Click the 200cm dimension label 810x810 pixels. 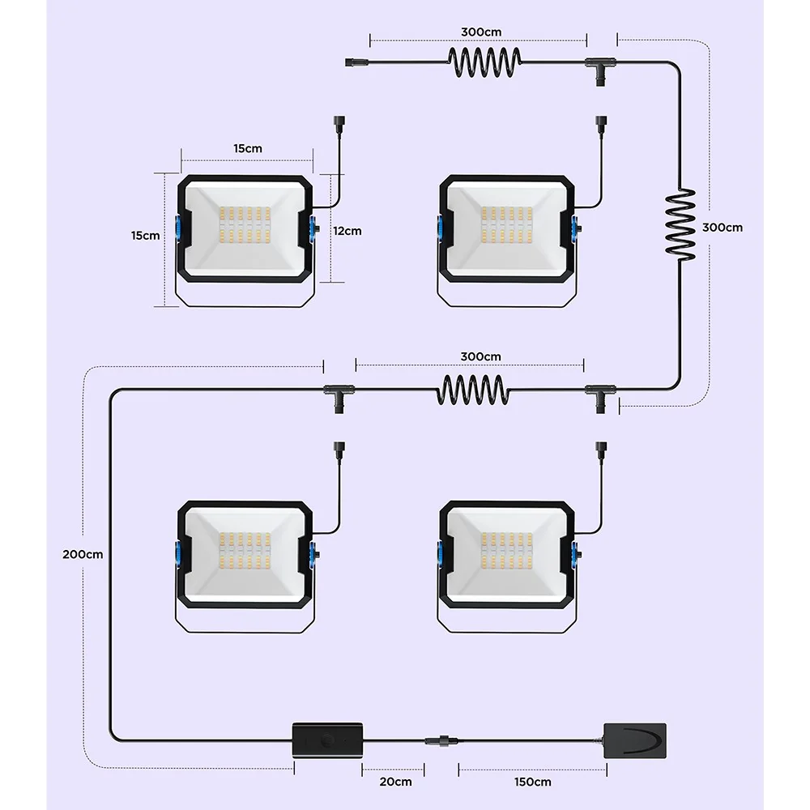[83, 554]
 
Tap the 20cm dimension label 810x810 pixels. [396, 782]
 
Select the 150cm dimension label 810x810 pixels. [533, 782]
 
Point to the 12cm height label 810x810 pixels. [347, 231]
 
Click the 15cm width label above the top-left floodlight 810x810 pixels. [247, 148]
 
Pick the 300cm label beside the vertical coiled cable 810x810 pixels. [723, 228]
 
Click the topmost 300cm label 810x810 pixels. [481, 32]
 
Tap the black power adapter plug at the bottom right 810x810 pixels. [635, 741]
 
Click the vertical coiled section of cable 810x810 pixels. [680, 224]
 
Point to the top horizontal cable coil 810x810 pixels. [484, 62]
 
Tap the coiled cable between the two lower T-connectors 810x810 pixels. [473, 390]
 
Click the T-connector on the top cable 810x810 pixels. [600, 69]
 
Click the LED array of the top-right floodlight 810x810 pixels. [506, 224]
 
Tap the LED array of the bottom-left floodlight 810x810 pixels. [245, 551]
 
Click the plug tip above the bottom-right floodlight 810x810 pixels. [601, 448]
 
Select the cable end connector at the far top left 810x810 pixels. [355, 62]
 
